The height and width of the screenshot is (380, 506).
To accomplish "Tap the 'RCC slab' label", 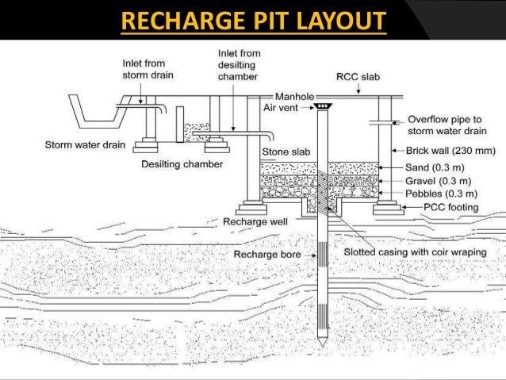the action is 358,77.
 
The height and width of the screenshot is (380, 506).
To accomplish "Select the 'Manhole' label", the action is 294,97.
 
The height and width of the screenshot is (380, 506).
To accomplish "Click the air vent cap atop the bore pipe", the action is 322,106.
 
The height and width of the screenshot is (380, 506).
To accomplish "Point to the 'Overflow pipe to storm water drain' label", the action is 447,125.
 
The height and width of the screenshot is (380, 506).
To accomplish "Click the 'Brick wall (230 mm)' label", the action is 450,151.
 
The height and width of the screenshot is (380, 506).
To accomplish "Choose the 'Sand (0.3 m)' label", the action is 435,167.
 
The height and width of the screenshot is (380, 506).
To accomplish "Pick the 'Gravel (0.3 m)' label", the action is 439,181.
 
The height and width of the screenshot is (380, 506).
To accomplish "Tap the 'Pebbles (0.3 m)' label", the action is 441,194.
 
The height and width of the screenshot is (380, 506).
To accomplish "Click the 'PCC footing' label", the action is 450,207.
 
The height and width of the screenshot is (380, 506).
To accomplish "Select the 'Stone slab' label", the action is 286,152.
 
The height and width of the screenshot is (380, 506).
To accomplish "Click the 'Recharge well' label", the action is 255,222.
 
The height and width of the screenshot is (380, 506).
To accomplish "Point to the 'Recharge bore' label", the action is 267,255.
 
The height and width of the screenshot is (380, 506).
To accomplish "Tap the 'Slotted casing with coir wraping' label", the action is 415,252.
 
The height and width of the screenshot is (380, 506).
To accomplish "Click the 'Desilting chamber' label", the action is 182,164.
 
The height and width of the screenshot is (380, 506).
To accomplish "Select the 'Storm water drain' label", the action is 85,144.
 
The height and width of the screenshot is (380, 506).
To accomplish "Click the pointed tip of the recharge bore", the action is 322,346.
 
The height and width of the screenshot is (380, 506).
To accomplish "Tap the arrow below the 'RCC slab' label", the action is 358,89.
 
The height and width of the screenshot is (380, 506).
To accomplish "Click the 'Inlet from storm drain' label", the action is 148,69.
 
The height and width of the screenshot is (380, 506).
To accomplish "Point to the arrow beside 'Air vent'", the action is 308,108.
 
